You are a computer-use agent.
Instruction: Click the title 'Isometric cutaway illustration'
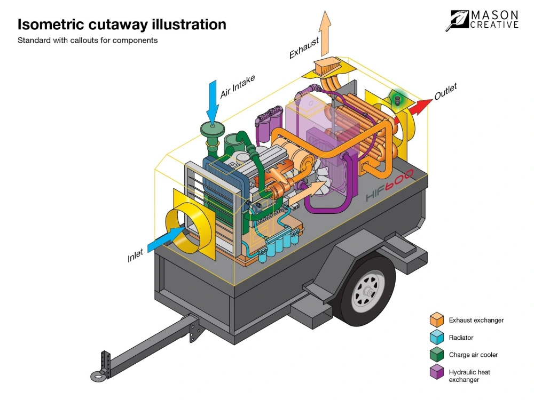click(x=122, y=25)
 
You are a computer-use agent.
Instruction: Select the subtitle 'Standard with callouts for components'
click(x=88, y=41)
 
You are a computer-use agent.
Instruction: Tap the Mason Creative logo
click(x=484, y=20)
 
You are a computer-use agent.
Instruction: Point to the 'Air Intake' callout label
click(x=238, y=87)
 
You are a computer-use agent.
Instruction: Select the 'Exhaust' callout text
click(x=304, y=47)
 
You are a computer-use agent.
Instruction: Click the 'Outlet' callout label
click(x=445, y=92)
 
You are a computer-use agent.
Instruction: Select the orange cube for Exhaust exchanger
click(x=437, y=320)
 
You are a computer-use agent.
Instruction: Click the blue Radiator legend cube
click(x=437, y=337)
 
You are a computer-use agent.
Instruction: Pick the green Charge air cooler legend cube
click(x=437, y=354)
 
